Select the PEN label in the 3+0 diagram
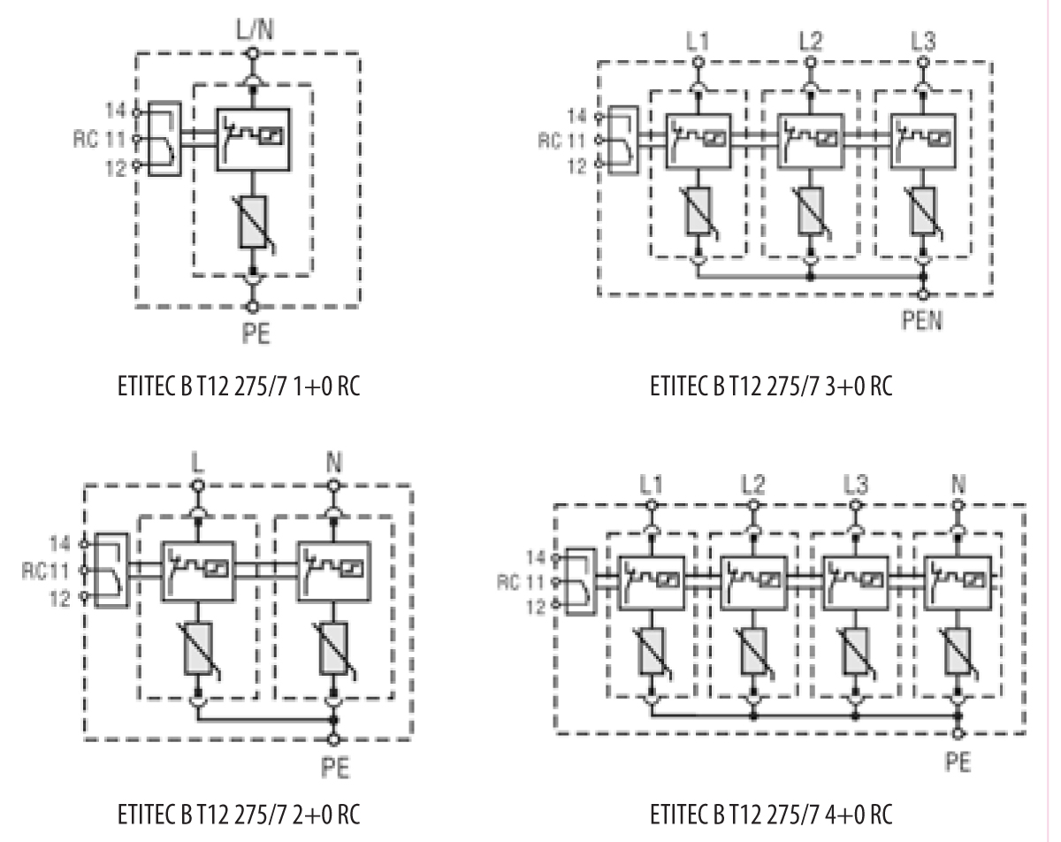pos(924,320)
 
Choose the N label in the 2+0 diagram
pos(332,462)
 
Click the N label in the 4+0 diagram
pos(958,485)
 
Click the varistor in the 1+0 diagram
pos(254,220)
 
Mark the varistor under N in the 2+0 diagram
pos(332,650)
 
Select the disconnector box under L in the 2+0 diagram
pos(196,570)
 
